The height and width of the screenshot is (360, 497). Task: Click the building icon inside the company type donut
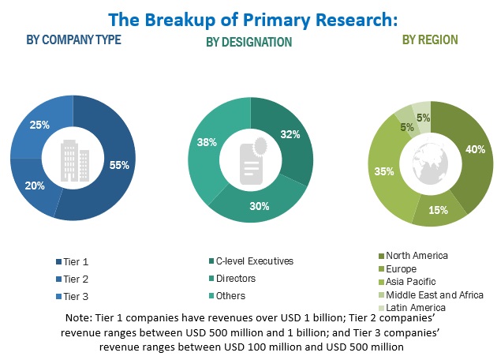click(x=73, y=163)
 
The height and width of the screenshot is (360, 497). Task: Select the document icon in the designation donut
click(x=252, y=162)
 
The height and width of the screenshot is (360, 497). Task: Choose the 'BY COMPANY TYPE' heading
click(x=74, y=39)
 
